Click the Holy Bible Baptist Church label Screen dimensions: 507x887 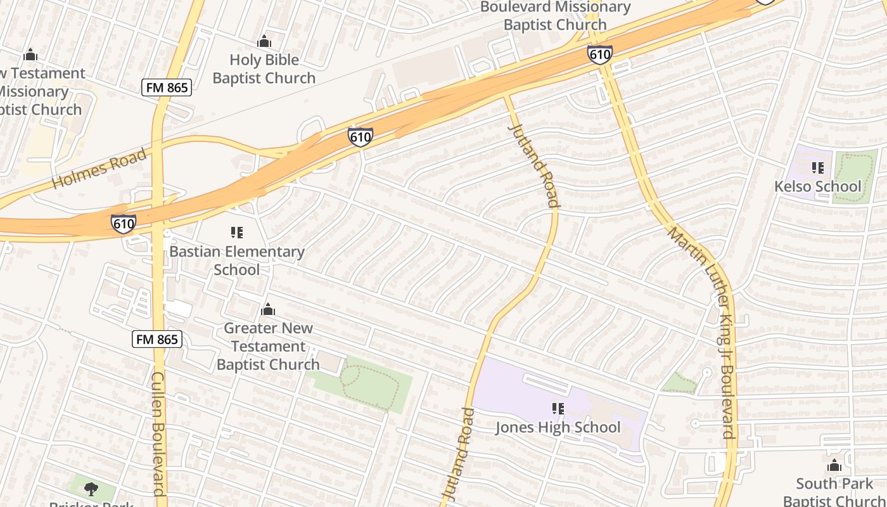pos(264,69)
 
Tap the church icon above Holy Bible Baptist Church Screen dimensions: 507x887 pos(264,42)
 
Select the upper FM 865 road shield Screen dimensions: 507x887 pos(167,87)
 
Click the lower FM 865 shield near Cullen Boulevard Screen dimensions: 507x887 pos(158,339)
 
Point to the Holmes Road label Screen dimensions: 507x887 pos(99,168)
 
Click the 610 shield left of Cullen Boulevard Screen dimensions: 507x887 pos(123,223)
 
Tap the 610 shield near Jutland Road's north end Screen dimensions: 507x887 pos(360,136)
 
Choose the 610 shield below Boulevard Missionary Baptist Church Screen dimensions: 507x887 pos(599,54)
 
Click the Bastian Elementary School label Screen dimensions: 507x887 pos(236,260)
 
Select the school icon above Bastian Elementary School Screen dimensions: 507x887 pos(237,233)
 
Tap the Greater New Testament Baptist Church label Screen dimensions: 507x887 pos(268,346)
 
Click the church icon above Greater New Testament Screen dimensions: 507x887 pos(268,309)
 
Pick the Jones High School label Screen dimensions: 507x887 pos(558,427)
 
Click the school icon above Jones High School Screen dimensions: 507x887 pos(558,409)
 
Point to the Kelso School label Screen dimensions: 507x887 pos(818,186)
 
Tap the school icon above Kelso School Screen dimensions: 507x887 pos(818,168)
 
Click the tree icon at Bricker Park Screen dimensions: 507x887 pos(91,488)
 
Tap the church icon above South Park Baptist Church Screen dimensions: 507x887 pos(834,466)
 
